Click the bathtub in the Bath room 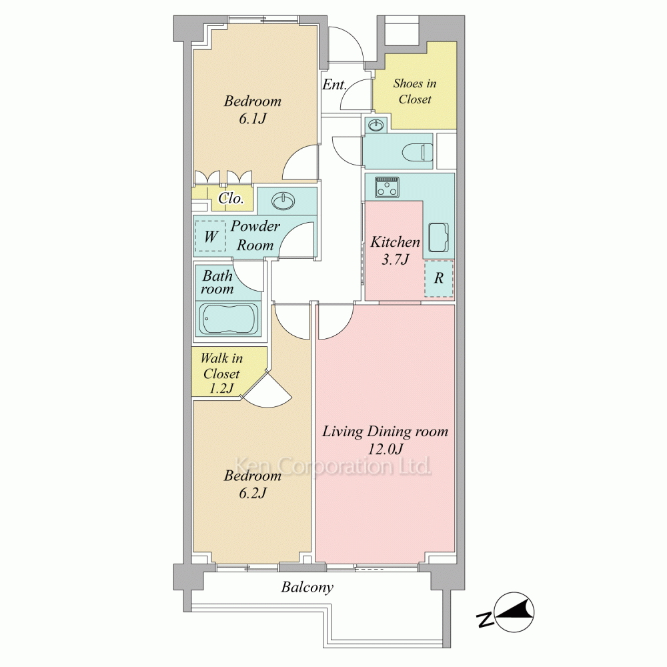point(229,319)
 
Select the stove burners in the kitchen point(387,187)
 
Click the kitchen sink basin point(438,237)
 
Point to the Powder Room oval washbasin point(283,201)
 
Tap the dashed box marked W point(210,235)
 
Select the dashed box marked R point(439,278)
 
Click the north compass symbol point(510,612)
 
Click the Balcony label point(307,588)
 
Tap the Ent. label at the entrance point(334,85)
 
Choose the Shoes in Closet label point(415,91)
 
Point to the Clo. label point(231,198)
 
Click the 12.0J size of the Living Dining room point(385,449)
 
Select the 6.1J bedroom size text point(253,119)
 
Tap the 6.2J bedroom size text point(253,493)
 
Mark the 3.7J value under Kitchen point(395,259)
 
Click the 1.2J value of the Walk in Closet point(221,388)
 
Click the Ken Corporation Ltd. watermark point(333,466)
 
